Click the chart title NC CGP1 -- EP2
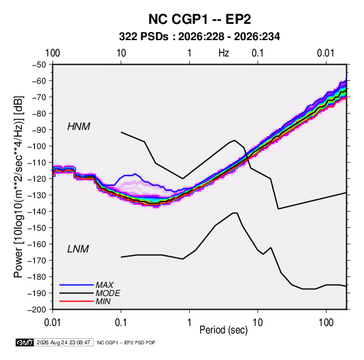[199, 19]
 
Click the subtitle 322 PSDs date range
[199, 37]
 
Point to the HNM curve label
[79, 127]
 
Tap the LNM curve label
[78, 249]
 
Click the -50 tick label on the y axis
[39, 65]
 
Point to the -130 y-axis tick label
[37, 195]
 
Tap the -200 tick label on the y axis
[37, 310]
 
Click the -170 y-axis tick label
[37, 261]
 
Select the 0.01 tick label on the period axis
[52, 323]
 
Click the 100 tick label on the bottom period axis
[326, 323]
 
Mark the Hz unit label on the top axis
[224, 53]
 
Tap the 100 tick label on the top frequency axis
[52, 53]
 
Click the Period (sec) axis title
[224, 330]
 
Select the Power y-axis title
[18, 187]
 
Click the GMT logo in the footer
[24, 342]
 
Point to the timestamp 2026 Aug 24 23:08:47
[63, 342]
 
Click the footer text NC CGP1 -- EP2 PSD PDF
[126, 342]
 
